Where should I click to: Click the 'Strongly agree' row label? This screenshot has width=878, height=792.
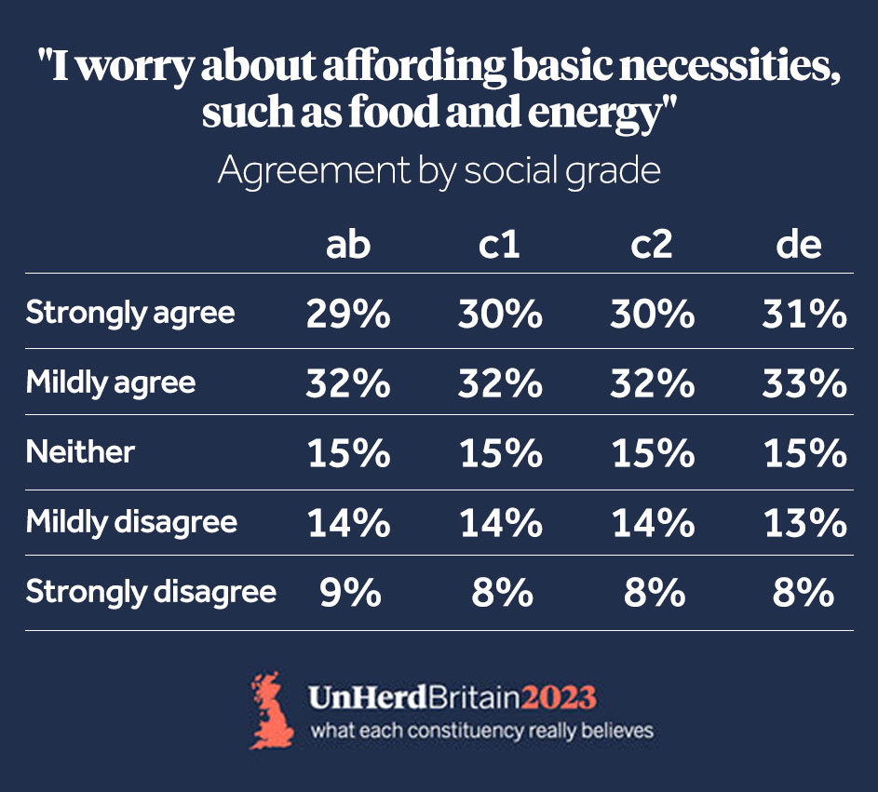click(x=130, y=313)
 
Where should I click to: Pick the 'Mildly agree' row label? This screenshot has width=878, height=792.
click(x=111, y=383)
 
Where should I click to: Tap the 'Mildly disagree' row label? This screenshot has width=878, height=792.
click(x=131, y=522)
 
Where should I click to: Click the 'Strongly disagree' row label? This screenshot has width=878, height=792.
click(x=151, y=592)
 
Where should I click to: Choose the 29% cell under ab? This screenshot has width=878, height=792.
click(x=348, y=315)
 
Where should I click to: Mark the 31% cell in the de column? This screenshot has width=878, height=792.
click(x=804, y=315)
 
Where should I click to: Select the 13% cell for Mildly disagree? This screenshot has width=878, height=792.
click(x=804, y=524)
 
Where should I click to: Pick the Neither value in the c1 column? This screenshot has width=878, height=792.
click(x=500, y=454)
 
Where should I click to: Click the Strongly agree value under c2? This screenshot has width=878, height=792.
click(x=652, y=315)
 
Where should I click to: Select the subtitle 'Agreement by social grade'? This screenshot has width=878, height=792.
click(x=439, y=171)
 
